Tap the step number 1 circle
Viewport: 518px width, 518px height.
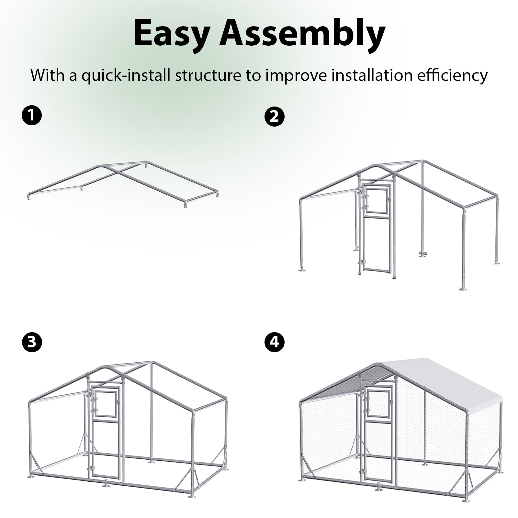pos(32,116)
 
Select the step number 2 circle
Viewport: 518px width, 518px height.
pos(274,116)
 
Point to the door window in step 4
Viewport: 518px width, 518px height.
pos(377,400)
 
